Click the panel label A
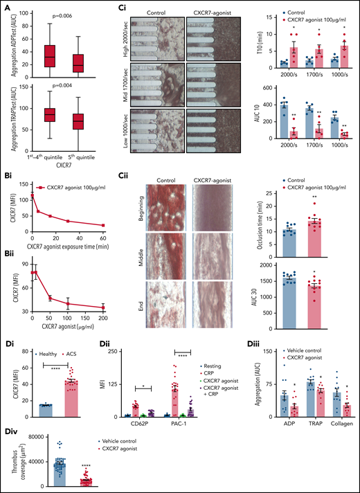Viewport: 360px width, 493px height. click(x=7, y=8)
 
